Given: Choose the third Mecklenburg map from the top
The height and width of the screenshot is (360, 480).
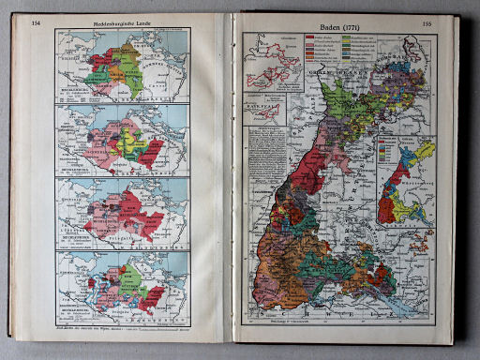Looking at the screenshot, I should click(122, 211).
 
